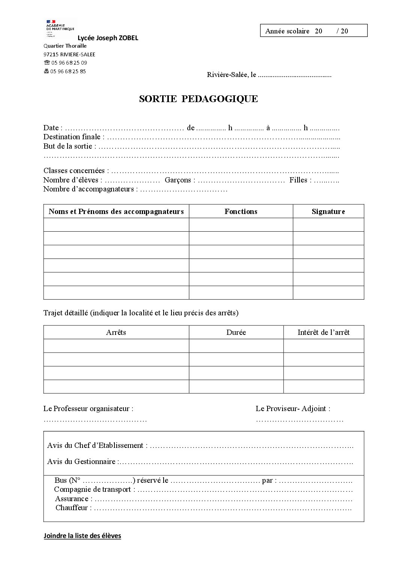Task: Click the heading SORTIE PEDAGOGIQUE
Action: coord(198,99)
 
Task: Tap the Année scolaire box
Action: coord(313,31)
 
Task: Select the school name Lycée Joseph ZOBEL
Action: coord(108,38)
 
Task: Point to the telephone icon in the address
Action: coord(47,63)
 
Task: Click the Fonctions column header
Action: coord(241,211)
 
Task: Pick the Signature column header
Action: coord(328,211)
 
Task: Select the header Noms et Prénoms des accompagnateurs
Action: coord(116,211)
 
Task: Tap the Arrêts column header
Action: coord(116,332)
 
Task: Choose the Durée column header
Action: coord(236,332)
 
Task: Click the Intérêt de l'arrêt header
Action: coord(323,332)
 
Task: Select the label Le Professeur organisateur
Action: coord(88,408)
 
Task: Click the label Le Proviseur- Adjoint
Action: coord(293,408)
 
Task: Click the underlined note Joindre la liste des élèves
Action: coord(82,536)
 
